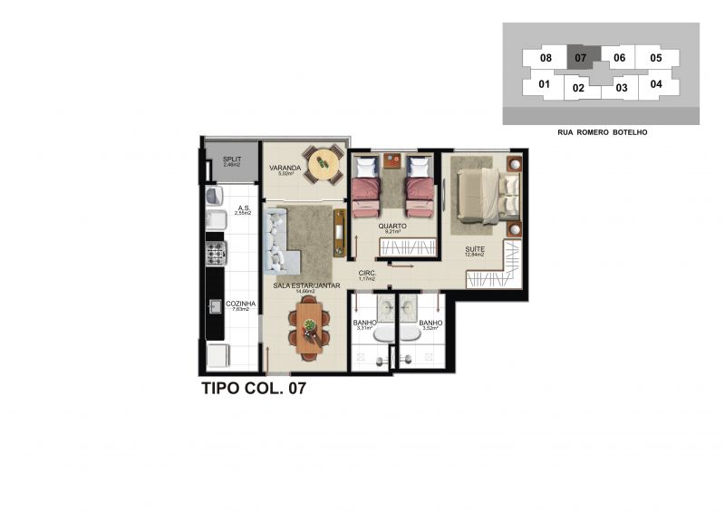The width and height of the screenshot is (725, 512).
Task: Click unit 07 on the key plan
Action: click(581, 57)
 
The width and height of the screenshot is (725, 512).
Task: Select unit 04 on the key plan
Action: click(656, 84)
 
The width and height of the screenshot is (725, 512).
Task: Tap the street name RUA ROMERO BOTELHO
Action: click(602, 132)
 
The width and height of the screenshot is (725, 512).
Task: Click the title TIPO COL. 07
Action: click(258, 391)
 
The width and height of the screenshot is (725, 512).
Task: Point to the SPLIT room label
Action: click(231, 160)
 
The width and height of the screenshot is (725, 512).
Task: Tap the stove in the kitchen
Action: click(216, 253)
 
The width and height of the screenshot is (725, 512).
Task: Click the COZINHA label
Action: click(240, 304)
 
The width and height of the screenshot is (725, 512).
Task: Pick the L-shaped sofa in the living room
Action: click(276, 243)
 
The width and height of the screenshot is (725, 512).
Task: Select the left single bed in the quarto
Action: click(366, 186)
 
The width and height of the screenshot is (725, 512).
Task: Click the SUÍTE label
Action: click(474, 248)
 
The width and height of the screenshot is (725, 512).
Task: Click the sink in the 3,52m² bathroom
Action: click(407, 308)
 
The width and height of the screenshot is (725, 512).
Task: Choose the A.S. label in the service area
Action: click(243, 208)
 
